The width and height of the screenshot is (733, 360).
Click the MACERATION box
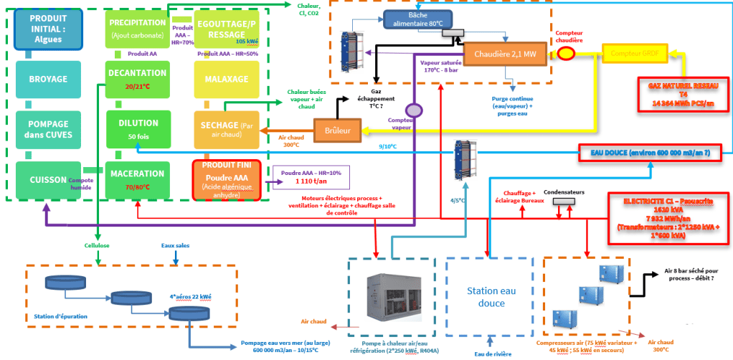click(x=138, y=179)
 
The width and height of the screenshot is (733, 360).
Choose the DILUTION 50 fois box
click(x=138, y=128)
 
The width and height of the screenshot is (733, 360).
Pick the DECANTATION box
click(x=136, y=79)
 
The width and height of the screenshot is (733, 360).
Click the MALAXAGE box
click(x=225, y=79)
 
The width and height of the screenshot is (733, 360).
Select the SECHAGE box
click(x=225, y=129)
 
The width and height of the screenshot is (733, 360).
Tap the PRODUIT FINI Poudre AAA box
click(x=226, y=179)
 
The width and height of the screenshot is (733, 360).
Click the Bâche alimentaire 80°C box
click(x=422, y=19)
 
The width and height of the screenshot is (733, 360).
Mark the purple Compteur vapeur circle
click(x=412, y=110)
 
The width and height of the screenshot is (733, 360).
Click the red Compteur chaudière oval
click(x=567, y=54)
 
